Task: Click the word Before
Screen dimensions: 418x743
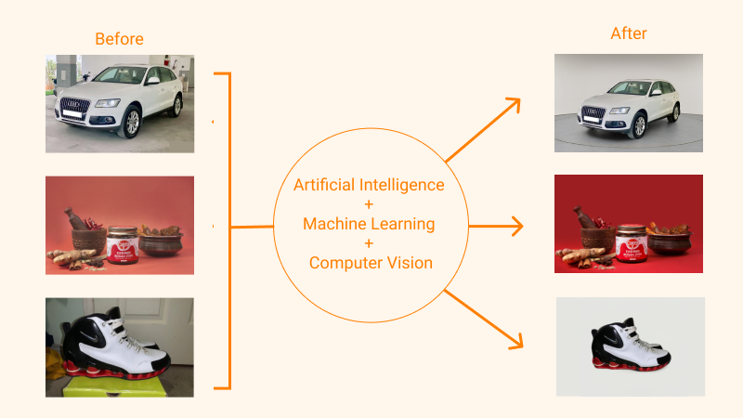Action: click(x=120, y=39)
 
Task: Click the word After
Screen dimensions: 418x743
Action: click(x=629, y=33)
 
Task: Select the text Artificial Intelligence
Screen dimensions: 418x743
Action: click(x=369, y=185)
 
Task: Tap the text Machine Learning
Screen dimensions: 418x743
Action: click(x=369, y=224)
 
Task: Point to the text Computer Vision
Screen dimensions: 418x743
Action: click(x=371, y=263)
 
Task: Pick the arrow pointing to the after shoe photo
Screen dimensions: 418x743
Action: click(x=485, y=320)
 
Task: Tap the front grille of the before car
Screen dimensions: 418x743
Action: click(x=74, y=109)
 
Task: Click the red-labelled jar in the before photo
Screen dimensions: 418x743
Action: click(x=121, y=245)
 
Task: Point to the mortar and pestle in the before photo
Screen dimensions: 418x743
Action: click(x=85, y=232)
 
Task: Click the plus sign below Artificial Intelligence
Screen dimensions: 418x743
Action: click(x=369, y=204)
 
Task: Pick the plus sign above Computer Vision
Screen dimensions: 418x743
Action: click(x=369, y=243)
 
